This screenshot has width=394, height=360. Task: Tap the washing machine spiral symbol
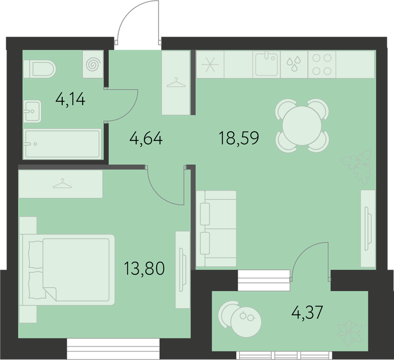pyautogui.click(x=93, y=64)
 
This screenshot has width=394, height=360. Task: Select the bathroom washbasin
pyautogui.click(x=32, y=111)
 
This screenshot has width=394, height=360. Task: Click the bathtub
pyautogui.click(x=62, y=144)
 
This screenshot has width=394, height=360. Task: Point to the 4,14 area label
pyautogui.click(x=70, y=100)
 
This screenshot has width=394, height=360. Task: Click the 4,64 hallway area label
pyautogui.click(x=146, y=138)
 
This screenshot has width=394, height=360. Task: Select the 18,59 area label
pyautogui.click(x=239, y=138)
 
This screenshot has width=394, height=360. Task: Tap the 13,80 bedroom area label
pyautogui.click(x=144, y=268)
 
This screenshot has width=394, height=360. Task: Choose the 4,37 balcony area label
pyautogui.click(x=307, y=312)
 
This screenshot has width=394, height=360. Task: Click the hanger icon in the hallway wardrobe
pyautogui.click(x=176, y=82)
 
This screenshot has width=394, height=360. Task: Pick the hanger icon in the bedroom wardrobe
pyautogui.click(x=62, y=184)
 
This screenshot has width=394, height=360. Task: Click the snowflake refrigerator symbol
pyautogui.click(x=210, y=64)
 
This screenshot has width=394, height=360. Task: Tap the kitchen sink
pyautogui.click(x=267, y=64)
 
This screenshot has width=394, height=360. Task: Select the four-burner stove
pyautogui.click(x=322, y=64)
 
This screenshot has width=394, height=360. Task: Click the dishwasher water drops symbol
pyautogui.click(x=294, y=64)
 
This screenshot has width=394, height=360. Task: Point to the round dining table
pyautogui.click(x=302, y=125)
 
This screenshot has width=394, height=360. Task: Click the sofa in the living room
pyautogui.click(x=216, y=228)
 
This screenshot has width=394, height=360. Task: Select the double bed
pyautogui.click(x=67, y=270)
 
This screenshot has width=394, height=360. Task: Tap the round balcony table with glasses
pyautogui.click(x=246, y=322)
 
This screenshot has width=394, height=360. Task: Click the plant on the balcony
pyautogui.click(x=350, y=332)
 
